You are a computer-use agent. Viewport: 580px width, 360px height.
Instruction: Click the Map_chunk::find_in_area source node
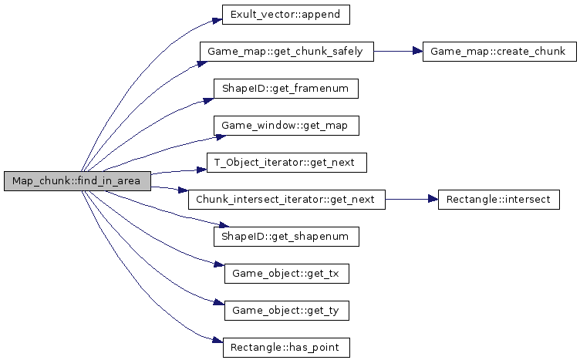point(76,181)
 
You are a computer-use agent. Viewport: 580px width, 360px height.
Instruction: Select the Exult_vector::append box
point(275,15)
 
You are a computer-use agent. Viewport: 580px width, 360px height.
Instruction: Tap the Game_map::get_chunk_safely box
point(286,52)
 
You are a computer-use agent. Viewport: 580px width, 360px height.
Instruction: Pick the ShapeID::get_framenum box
point(285,89)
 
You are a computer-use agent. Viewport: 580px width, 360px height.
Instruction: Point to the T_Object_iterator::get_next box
point(285,163)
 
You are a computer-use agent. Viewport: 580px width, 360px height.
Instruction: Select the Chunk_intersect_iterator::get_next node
point(286,200)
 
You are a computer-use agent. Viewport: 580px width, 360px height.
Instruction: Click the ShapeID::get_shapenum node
point(286,237)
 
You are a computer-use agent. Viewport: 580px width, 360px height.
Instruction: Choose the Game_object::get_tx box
point(286,274)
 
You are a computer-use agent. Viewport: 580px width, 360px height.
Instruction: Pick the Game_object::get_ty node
point(286,311)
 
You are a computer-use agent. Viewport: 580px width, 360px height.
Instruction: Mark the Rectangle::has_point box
point(286,348)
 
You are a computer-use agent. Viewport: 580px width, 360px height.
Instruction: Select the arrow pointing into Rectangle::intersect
point(412,200)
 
